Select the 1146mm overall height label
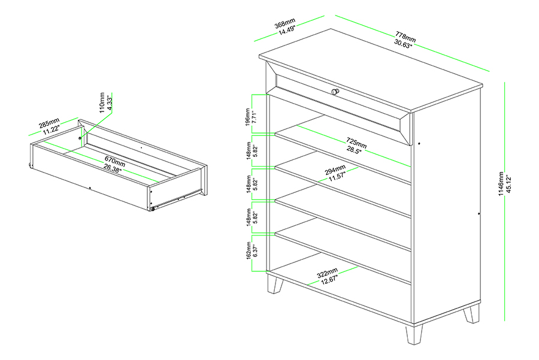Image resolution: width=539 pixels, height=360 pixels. pyautogui.click(x=501, y=184)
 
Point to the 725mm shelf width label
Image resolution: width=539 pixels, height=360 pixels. pyautogui.click(x=356, y=143)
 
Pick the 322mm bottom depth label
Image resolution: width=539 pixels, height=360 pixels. pyautogui.click(x=327, y=273)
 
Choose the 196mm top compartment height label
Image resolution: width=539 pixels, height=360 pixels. pyautogui.click(x=248, y=117)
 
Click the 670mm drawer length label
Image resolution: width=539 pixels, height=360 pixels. pyautogui.click(x=115, y=161)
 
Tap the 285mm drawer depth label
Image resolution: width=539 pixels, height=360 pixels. pyautogui.click(x=49, y=123)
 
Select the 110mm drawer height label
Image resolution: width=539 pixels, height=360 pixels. pyautogui.click(x=101, y=102)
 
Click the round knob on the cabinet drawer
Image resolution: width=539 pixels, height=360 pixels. pyautogui.click(x=335, y=92)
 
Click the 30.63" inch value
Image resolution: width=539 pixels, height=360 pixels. pyautogui.click(x=404, y=43)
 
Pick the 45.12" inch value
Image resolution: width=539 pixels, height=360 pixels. pyautogui.click(x=510, y=184)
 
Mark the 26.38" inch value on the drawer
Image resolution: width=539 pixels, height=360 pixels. pyautogui.click(x=112, y=168)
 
